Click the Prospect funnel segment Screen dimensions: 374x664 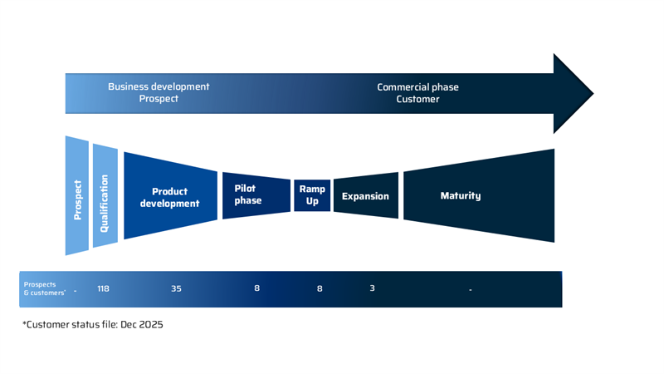click(77, 196)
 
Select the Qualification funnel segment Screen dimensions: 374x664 click(105, 197)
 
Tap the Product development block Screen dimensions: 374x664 click(169, 197)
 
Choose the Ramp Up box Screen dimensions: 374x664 click(312, 195)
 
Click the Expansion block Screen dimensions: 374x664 click(365, 196)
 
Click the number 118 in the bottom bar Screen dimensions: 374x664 click(103, 288)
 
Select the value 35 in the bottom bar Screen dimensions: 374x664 click(176, 288)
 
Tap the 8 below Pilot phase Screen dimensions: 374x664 click(257, 288)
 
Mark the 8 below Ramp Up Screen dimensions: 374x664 click(320, 288)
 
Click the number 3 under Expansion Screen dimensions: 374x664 click(373, 288)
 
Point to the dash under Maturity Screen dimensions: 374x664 click(470, 289)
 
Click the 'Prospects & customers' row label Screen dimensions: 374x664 click(41, 288)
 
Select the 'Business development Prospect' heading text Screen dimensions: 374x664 click(159, 92)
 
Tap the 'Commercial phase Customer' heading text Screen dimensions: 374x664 click(417, 92)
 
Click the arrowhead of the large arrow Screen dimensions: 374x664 click(573, 92)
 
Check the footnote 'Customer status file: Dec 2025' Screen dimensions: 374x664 click(93, 325)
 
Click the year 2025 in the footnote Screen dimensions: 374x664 click(150, 325)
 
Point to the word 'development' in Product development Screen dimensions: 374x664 click(169, 203)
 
